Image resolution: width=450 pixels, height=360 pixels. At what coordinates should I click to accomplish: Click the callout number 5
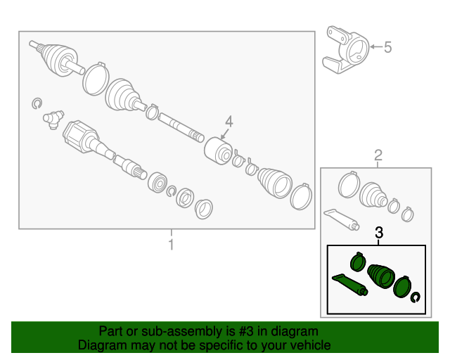pos(387,47)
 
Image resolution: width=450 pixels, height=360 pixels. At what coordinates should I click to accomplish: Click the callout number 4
pos(229,122)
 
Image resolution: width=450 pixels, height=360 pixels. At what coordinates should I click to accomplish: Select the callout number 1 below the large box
pos(171,245)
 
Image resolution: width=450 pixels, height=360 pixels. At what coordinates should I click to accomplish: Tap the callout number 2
pos(378,155)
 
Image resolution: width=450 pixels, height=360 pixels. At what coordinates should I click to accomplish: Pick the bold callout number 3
pos(379,233)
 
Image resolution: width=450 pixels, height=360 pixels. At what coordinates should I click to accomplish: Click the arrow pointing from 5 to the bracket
pos(376,47)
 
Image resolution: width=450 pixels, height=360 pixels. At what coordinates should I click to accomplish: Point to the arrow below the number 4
pos(225,134)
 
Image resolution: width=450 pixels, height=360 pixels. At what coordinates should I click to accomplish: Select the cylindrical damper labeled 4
pos(219,151)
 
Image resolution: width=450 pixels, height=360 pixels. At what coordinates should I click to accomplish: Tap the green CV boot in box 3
pos(381,276)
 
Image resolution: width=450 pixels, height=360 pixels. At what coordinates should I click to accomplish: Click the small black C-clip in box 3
pos(416,297)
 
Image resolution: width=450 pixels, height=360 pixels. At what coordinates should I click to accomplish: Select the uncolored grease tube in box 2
pos(342,219)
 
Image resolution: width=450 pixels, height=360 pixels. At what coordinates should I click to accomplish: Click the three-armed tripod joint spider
pos(53,120)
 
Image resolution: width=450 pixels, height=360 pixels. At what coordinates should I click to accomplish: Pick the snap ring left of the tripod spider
pos(37,103)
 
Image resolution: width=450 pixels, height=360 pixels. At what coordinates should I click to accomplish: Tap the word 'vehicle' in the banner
pos(311,345)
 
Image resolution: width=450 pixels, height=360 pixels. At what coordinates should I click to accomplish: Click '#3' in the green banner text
pos(246,331)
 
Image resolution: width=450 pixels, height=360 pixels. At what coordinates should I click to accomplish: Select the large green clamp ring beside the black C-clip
pos(402,287)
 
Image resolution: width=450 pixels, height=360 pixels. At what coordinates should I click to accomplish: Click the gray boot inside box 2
pos(373,194)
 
